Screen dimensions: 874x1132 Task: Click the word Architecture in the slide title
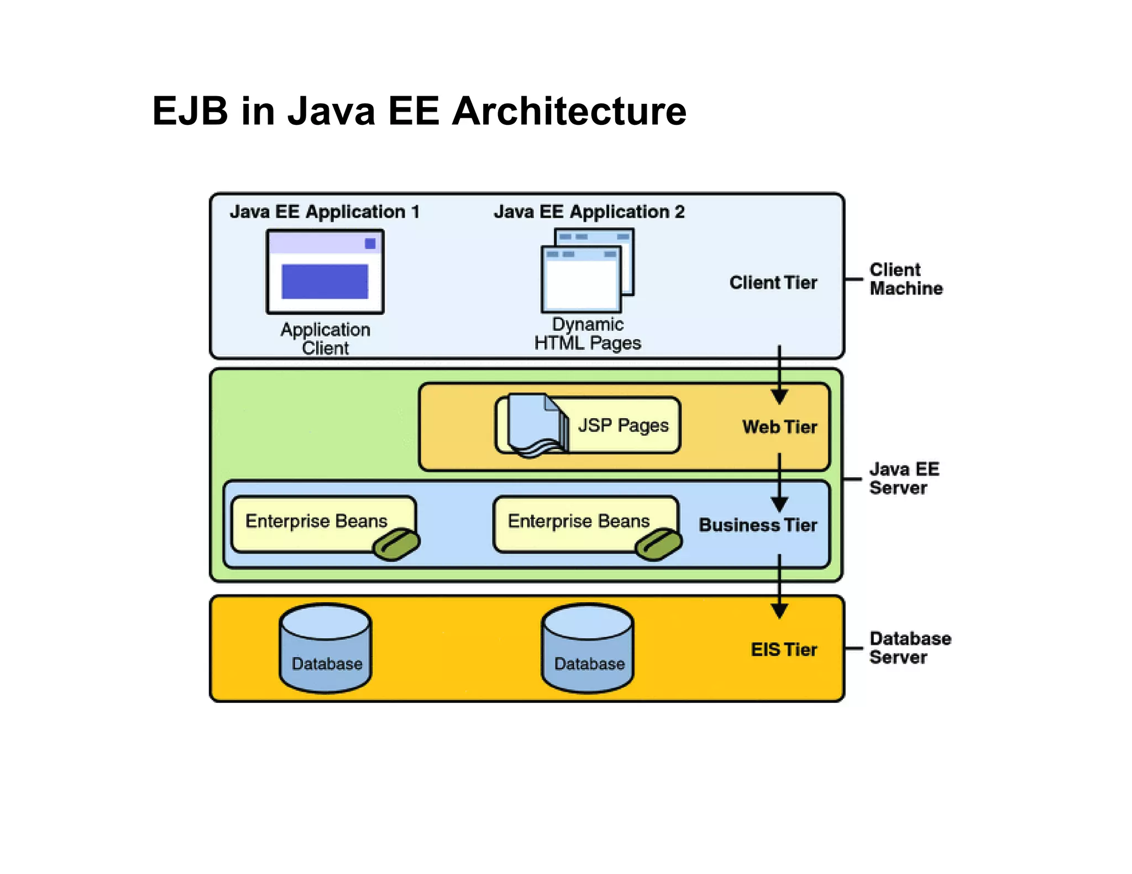pyautogui.click(x=569, y=111)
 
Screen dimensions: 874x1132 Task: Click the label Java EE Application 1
pyautogui.click(x=324, y=212)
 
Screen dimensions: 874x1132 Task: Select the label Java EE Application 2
pyautogui.click(x=589, y=212)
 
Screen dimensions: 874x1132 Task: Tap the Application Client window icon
pyautogui.click(x=325, y=272)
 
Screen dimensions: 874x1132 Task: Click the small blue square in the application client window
pyautogui.click(x=370, y=244)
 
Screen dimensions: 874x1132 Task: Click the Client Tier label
pyautogui.click(x=773, y=282)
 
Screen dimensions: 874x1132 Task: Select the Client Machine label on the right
pyautogui.click(x=905, y=279)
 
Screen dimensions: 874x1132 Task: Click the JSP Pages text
pyautogui.click(x=623, y=425)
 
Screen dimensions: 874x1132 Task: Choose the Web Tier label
pyautogui.click(x=779, y=427)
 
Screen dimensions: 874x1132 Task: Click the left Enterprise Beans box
pyautogui.click(x=323, y=523)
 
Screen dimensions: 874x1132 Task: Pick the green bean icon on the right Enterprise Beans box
pyautogui.click(x=658, y=544)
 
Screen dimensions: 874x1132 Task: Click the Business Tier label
pyautogui.click(x=758, y=525)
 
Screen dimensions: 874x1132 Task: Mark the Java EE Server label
pyautogui.click(x=903, y=478)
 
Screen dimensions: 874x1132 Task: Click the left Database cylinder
pyautogui.click(x=326, y=647)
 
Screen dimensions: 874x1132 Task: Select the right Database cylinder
pyautogui.click(x=588, y=647)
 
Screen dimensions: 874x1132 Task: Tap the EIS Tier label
pyautogui.click(x=783, y=650)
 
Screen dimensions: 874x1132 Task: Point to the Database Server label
pyautogui.click(x=909, y=647)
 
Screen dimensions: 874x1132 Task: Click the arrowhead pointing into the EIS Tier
pyautogui.click(x=779, y=610)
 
